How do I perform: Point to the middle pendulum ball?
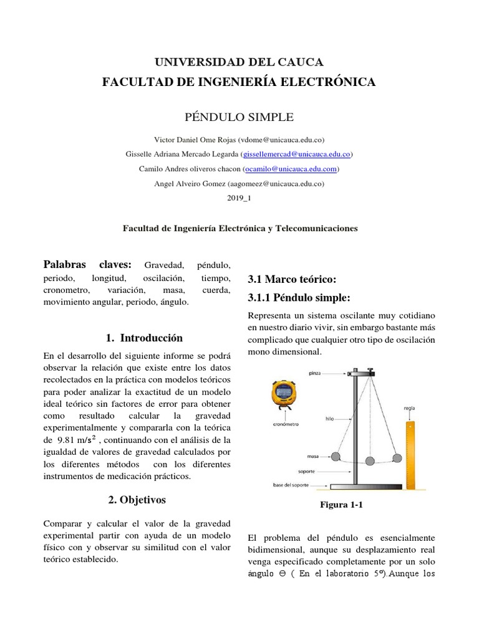[370, 461]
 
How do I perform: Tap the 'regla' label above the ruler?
[409, 408]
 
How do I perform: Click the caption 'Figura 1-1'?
[341, 505]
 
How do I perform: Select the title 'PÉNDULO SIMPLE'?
[239, 117]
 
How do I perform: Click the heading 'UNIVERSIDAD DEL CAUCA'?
[239, 62]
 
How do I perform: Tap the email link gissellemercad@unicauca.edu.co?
[297, 154]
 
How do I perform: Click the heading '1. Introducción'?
[145, 338]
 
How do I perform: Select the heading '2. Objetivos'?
[137, 500]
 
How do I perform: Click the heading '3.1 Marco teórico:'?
[292, 279]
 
